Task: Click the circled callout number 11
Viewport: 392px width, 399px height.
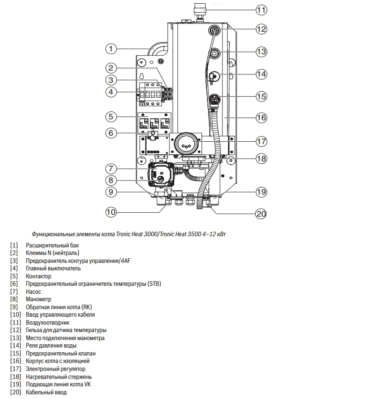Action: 261,10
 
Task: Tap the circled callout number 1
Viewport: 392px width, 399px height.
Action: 111,49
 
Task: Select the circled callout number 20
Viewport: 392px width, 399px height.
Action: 261,214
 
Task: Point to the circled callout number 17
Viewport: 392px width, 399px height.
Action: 261,141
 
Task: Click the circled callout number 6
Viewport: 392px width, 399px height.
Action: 111,133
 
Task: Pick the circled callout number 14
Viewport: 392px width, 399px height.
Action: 261,74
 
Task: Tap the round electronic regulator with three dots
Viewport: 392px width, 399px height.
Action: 186,144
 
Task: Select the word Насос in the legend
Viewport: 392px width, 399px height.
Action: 33,291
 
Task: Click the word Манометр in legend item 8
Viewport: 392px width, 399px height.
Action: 38,299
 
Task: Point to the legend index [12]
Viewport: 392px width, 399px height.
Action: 15,330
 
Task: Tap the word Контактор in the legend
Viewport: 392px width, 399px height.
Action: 38,276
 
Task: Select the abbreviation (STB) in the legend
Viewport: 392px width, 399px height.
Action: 155,284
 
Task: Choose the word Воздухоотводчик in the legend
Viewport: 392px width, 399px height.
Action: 48,323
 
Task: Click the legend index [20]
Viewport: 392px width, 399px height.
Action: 15,392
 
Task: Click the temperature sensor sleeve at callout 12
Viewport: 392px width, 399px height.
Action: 214,31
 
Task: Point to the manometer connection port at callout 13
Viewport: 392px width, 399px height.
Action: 214,53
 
